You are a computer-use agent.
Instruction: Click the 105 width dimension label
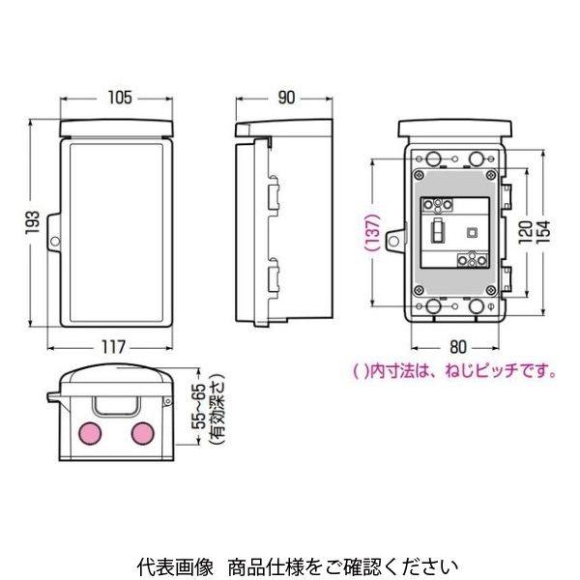120,98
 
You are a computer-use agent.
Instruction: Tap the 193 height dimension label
33,222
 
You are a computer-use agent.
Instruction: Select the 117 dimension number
113,347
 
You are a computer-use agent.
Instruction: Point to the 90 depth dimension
286,98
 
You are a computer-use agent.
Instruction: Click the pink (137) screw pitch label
372,233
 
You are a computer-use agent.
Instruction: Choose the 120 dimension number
525,232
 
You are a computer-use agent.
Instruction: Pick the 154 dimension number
543,232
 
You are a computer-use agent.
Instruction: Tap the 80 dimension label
458,347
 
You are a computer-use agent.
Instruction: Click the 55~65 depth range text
200,407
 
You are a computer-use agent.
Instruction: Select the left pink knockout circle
90,433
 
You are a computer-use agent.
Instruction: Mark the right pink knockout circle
143,433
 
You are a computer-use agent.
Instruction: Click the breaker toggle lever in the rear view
437,231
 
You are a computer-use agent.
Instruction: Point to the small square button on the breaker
473,232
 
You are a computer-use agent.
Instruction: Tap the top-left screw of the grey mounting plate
420,175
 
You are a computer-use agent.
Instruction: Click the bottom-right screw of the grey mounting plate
491,290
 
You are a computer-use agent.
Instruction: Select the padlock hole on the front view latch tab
55,242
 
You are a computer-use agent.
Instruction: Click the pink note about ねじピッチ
454,371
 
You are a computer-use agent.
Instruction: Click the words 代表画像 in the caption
175,566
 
